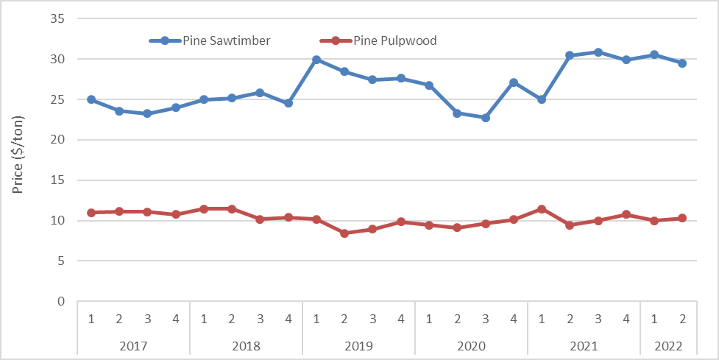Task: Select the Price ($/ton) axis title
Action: (18, 155)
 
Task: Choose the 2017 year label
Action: (133, 345)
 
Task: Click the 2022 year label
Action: (668, 345)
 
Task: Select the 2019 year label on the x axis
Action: (358, 345)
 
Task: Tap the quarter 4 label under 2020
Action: (513, 319)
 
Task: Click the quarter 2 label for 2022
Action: (682, 319)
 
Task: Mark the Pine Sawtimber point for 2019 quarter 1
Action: (316, 60)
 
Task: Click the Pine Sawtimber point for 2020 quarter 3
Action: (485, 118)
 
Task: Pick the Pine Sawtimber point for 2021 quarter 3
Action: (598, 52)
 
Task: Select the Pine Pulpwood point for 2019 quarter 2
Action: (344, 233)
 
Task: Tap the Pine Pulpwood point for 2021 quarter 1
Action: (542, 209)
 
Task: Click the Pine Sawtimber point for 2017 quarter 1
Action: (91, 99)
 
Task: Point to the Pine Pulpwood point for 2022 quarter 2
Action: (682, 218)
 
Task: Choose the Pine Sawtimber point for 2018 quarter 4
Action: (288, 103)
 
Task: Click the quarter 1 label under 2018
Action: (204, 319)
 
